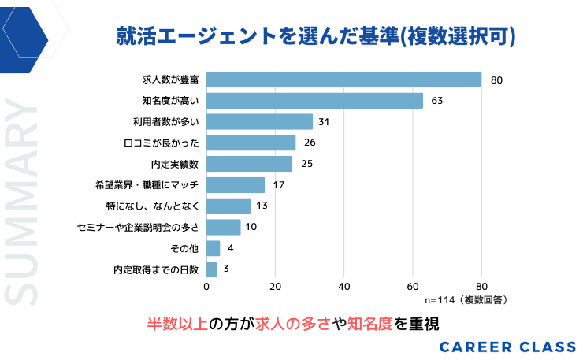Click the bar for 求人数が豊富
click(x=343, y=80)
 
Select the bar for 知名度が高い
click(x=314, y=101)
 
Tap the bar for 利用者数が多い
click(x=259, y=121)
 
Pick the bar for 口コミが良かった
click(x=251, y=143)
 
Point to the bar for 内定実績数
click(x=249, y=164)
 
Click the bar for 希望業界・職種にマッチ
click(x=236, y=185)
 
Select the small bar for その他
click(x=213, y=248)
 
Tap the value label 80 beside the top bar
click(x=496, y=80)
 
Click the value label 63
click(x=437, y=101)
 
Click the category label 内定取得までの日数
click(x=157, y=269)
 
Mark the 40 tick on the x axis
click(x=344, y=287)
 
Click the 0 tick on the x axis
click(x=206, y=287)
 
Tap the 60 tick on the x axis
click(x=413, y=287)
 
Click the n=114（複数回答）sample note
click(x=466, y=300)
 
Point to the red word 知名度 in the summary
click(x=369, y=323)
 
